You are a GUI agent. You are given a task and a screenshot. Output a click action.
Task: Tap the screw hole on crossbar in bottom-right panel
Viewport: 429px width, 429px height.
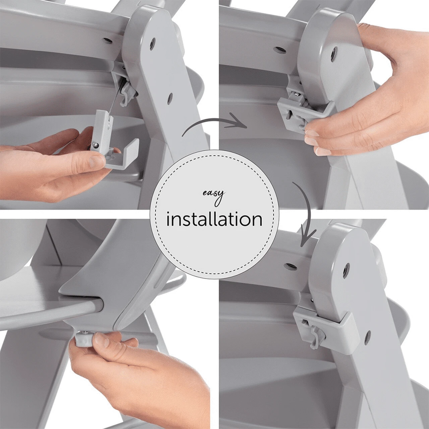pyautogui.click(x=289, y=266)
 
